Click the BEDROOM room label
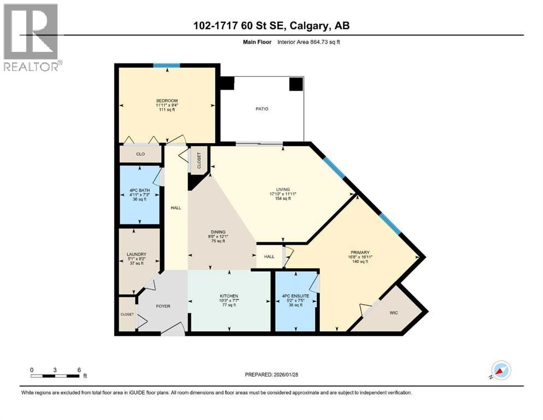pyautogui.click(x=167, y=101)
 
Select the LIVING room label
pyautogui.click(x=283, y=189)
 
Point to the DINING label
pyautogui.click(x=218, y=232)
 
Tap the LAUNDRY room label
pyautogui.click(x=136, y=254)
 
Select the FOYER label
pyautogui.click(x=163, y=306)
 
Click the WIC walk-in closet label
pyautogui.click(x=393, y=313)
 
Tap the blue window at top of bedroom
pyautogui.click(x=167, y=66)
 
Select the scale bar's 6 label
pyautogui.click(x=79, y=370)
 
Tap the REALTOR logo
pyautogui.click(x=31, y=37)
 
